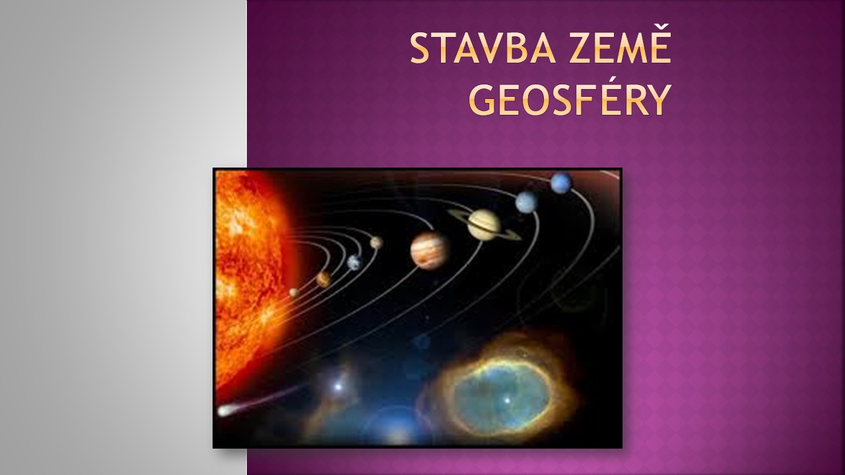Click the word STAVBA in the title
pos(483,49)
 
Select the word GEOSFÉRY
pos(570,100)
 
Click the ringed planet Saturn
pos(485,225)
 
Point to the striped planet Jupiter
pos(430,250)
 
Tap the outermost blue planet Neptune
pos(561,183)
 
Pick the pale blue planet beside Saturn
pos(527,202)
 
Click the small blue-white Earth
pos(355,263)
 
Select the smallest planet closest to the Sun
pos(294,292)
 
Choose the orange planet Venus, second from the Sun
pos(323,279)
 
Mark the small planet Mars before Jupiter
pos(376,243)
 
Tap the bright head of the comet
pos(225,410)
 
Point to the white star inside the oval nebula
pos(508,400)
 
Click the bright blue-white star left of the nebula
pos(338,387)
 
